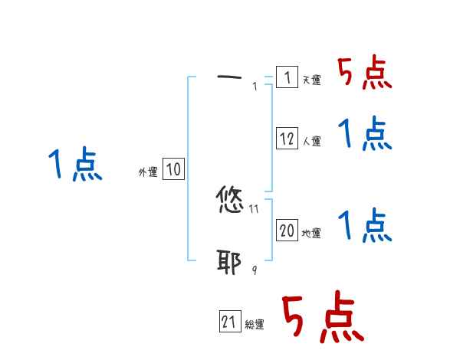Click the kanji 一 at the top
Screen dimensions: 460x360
coord(229,77)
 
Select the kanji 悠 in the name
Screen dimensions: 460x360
coord(230,201)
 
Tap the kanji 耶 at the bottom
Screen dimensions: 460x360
coord(230,262)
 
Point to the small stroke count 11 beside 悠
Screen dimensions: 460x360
coord(255,208)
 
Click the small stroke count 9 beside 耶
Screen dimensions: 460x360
coord(255,270)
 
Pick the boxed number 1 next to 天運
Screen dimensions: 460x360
coord(287,77)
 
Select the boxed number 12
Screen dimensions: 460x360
coord(287,139)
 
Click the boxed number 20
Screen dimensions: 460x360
coord(287,231)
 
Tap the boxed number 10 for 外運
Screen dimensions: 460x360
coord(173,170)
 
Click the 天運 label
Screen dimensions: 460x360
coord(311,80)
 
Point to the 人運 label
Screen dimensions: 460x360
coord(311,141)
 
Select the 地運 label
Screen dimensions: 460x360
coord(311,233)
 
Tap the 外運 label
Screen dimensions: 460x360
coord(148,172)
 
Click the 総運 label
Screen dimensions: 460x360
coord(255,324)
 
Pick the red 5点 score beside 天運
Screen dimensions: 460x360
coord(365,74)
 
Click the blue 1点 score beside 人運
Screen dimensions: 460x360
coord(365,134)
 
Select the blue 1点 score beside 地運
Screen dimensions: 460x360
coord(365,225)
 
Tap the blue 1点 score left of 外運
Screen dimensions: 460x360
coord(75,165)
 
